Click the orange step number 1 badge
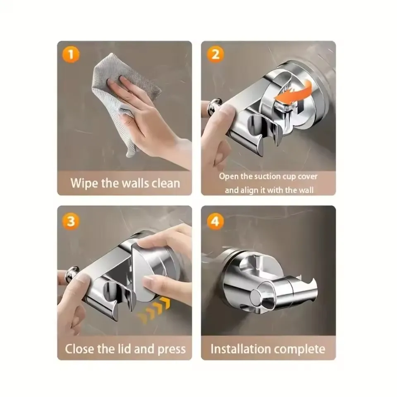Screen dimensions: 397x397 tap(71, 55)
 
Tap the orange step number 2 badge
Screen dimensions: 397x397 tap(215, 55)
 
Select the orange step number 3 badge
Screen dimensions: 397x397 tap(71, 221)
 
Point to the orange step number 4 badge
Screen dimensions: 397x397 tap(215, 221)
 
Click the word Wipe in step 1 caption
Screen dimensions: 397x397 tap(84, 183)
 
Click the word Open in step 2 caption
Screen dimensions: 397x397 tap(227, 177)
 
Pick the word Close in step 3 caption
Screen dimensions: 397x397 tap(79, 349)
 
